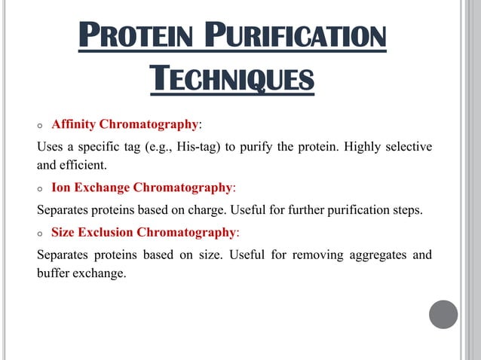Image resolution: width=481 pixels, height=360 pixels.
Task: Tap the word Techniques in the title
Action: coord(231,77)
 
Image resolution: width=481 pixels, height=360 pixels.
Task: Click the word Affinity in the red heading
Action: coord(73,124)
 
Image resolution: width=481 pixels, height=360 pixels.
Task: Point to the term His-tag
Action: coord(198,146)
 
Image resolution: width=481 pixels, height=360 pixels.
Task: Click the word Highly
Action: coord(365,146)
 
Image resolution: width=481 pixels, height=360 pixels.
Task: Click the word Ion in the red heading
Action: coord(60,187)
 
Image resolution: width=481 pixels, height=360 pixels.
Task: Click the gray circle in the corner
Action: coord(443,314)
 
